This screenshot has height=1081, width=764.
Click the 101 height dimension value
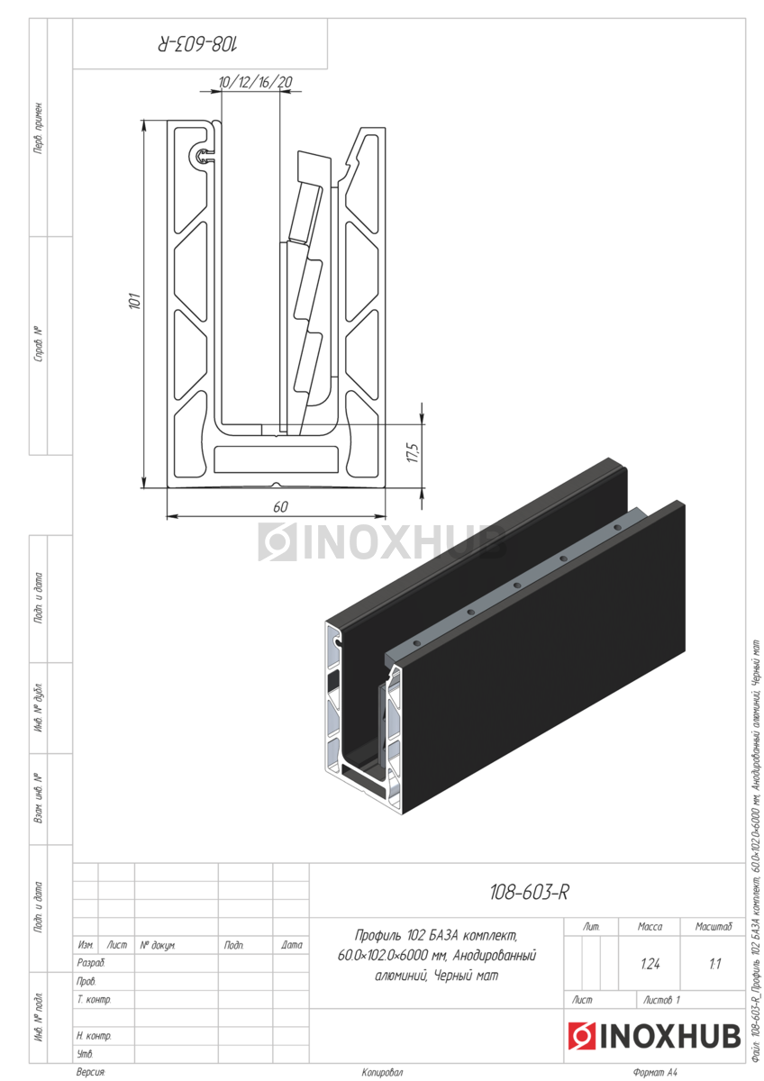(136, 300)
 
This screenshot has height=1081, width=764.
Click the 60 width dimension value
(280, 506)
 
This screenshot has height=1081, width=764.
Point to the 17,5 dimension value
(414, 452)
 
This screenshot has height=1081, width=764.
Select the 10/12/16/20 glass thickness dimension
(255, 82)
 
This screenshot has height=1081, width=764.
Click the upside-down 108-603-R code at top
(198, 44)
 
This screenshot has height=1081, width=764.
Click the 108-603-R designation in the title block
(529, 892)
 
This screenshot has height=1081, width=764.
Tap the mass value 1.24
(650, 964)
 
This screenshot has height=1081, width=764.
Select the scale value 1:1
(714, 964)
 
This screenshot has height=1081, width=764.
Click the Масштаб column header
(714, 926)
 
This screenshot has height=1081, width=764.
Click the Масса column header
(650, 926)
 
